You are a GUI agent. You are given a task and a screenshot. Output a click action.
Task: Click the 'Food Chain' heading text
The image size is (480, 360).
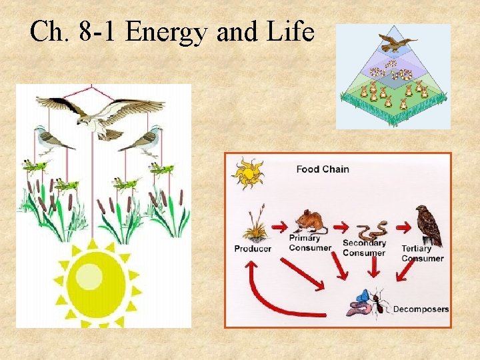[x=323, y=169]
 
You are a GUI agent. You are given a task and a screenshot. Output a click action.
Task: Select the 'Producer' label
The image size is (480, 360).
[x=253, y=249]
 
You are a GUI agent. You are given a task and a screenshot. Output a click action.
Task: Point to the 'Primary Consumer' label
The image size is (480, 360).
[x=310, y=243]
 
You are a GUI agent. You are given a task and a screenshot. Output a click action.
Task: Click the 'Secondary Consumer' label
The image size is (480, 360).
[x=364, y=248]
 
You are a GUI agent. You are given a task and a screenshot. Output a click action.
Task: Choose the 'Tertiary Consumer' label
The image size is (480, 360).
[x=422, y=253]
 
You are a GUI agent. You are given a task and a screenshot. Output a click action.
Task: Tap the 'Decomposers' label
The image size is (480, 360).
[x=421, y=309]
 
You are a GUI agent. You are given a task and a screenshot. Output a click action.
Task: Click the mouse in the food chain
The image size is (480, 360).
[x=309, y=221]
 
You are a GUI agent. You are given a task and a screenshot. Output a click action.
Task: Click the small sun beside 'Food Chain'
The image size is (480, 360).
[x=247, y=173]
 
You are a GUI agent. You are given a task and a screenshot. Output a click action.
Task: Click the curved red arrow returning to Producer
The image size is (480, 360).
[x=267, y=293]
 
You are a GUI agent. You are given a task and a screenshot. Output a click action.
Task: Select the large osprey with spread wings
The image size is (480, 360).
[x=100, y=116]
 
